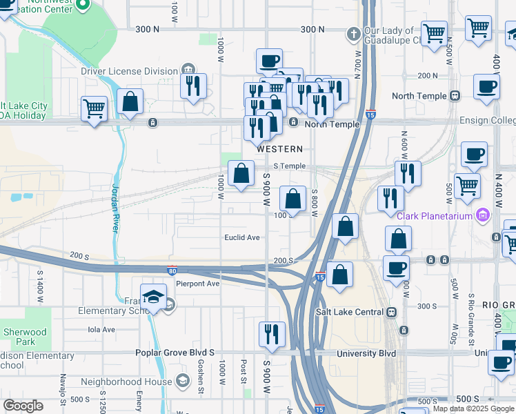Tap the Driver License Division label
[129, 70]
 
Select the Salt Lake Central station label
[350, 311]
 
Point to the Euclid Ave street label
[242, 238]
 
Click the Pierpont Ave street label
[197, 284]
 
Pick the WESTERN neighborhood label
[279, 149]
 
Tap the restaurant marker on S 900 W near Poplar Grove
[272, 334]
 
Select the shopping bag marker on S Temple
[241, 175]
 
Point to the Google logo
[23, 406]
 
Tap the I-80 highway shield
[172, 271]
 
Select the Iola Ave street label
[101, 329]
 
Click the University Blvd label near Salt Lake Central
[366, 353]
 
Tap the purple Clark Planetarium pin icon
[484, 215]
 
